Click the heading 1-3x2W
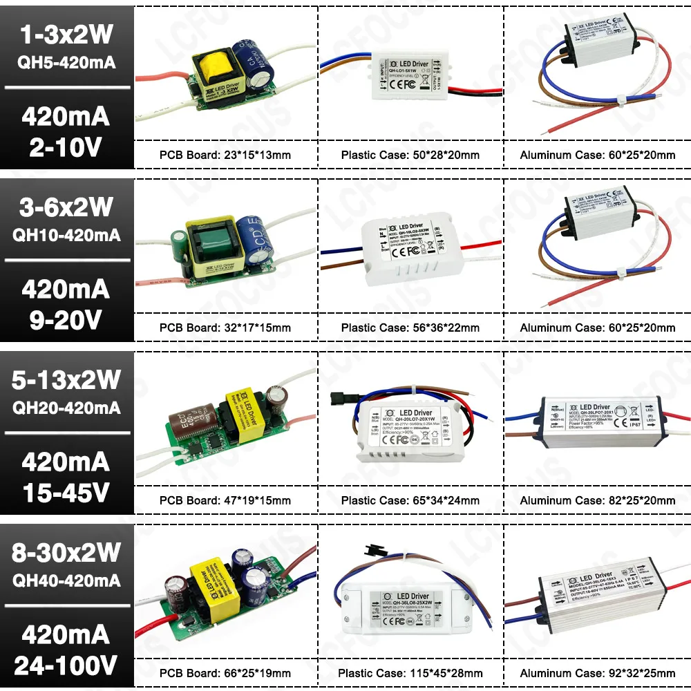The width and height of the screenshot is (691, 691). pyautogui.click(x=66, y=34)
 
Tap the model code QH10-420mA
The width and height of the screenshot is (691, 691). pyautogui.click(x=66, y=235)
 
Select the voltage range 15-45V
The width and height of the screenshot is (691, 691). pyautogui.click(x=66, y=492)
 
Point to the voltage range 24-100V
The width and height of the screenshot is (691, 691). pyautogui.click(x=66, y=665)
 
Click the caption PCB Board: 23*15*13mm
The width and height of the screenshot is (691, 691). pyautogui.click(x=225, y=155)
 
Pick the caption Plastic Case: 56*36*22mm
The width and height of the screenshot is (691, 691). pyautogui.click(x=410, y=328)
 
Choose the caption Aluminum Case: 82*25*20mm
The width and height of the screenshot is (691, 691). pyautogui.click(x=598, y=500)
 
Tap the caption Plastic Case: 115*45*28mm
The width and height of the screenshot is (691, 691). pyautogui.click(x=410, y=673)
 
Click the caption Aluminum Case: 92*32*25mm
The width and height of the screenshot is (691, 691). pyautogui.click(x=598, y=673)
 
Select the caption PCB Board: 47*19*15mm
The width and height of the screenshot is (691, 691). pyautogui.click(x=225, y=500)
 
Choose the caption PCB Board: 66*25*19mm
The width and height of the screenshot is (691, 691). pyautogui.click(x=225, y=673)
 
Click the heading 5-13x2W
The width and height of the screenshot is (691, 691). pyautogui.click(x=66, y=379)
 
